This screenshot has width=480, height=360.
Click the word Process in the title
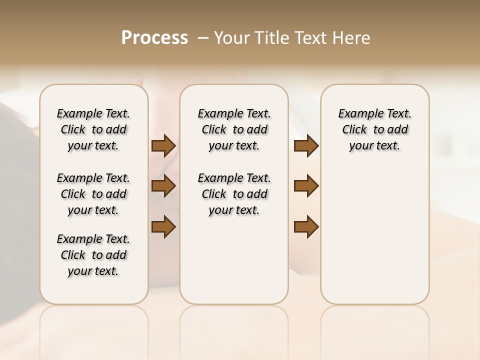(x=154, y=38)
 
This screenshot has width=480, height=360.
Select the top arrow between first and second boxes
(x=163, y=146)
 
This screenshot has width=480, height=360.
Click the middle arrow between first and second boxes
(x=163, y=186)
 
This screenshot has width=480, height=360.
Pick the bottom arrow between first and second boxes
(x=163, y=226)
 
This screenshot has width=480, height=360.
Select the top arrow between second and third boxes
(x=306, y=146)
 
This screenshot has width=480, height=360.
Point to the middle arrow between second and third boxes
(x=306, y=186)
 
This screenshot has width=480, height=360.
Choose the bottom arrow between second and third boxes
(x=306, y=226)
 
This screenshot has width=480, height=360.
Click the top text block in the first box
(x=93, y=129)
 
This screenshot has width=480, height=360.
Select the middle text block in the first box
(x=93, y=194)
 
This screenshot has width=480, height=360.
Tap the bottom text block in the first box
(x=93, y=255)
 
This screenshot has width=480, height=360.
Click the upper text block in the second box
(x=234, y=129)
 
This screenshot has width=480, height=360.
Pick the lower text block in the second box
(x=234, y=194)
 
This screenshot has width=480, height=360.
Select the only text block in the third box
(x=374, y=129)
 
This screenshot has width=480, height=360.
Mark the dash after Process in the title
(x=202, y=38)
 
